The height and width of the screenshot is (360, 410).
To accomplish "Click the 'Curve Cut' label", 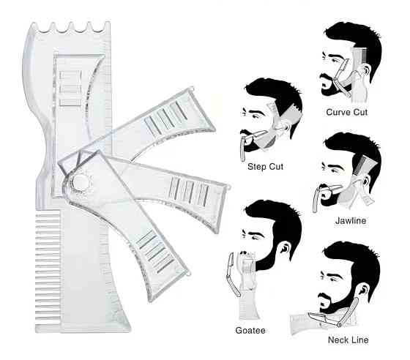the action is click(x=347, y=113).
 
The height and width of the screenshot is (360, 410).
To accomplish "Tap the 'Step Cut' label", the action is click(x=265, y=167).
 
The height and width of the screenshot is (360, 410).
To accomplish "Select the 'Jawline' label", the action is click(x=351, y=220).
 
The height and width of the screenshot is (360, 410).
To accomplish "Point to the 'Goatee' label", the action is click(x=250, y=330).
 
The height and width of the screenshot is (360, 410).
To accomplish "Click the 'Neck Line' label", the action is click(x=348, y=340).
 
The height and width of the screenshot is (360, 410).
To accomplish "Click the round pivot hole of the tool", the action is click(x=81, y=182).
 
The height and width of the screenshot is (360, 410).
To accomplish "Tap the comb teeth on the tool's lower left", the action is click(x=48, y=268).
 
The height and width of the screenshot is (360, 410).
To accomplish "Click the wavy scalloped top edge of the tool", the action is click(x=70, y=27).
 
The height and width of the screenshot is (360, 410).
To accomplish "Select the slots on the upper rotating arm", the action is click(x=166, y=117).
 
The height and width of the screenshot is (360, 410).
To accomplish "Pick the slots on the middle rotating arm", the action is click(x=189, y=192).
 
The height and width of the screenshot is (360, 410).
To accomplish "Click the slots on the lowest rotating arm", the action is click(x=155, y=251).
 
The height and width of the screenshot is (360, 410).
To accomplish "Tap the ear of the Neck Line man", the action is click(x=364, y=290).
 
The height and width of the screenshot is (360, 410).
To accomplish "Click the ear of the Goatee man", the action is click(x=285, y=247).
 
